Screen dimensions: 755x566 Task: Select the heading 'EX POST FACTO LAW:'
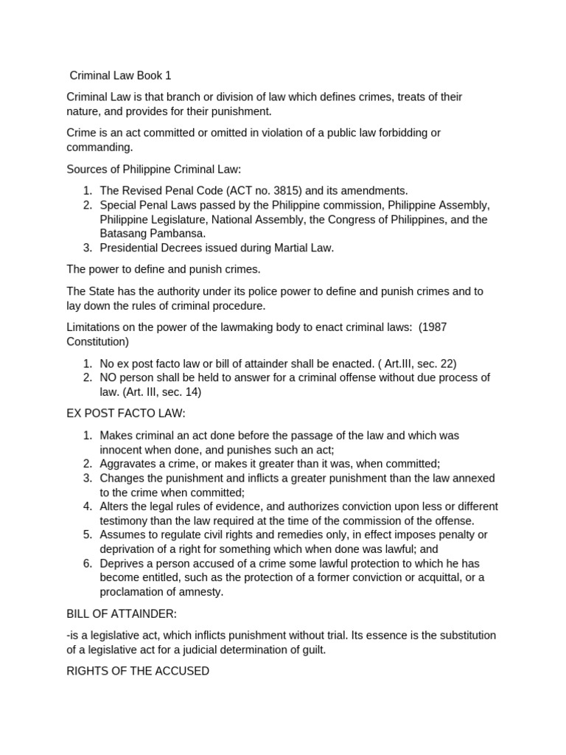[126, 414]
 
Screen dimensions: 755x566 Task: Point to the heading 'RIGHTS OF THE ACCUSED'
[138, 671]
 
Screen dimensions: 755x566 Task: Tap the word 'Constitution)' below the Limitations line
[98, 342]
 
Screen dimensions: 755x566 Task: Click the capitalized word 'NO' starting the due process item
[109, 378]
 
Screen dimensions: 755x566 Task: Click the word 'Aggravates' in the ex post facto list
[127, 464]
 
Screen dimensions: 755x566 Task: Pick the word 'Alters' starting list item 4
[115, 507]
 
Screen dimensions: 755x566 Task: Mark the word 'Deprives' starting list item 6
[122, 563]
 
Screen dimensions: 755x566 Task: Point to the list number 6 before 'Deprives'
[86, 563]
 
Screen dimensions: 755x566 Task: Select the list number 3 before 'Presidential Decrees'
[86, 248]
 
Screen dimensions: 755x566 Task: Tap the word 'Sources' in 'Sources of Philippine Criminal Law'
[87, 169]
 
